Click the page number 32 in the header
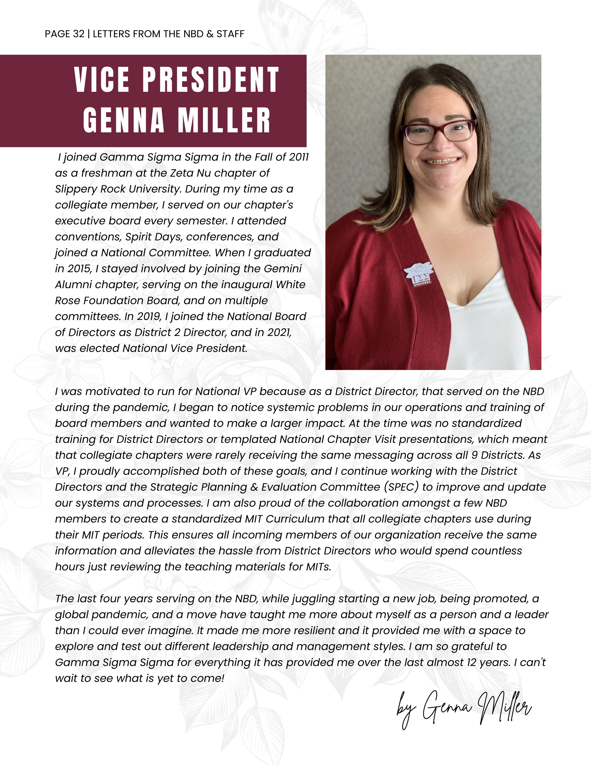pos(79,34)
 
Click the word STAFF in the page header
pos(230,34)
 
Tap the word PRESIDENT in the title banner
pos(211,80)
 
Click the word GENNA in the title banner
pos(124,120)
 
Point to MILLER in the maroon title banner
pos(224,120)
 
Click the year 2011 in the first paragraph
pos(299,157)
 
